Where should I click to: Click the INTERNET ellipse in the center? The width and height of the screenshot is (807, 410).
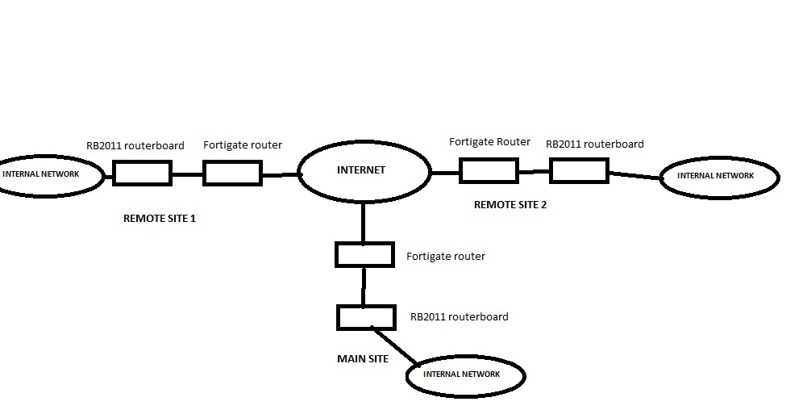click(x=364, y=171)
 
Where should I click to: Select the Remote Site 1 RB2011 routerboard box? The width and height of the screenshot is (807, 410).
click(x=142, y=174)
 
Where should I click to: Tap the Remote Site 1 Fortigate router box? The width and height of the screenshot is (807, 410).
click(x=232, y=174)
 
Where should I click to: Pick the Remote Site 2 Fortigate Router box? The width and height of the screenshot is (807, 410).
click(x=489, y=171)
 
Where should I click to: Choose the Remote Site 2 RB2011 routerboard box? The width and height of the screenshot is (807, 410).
click(x=579, y=170)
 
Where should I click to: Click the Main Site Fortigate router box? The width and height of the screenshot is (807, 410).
click(x=364, y=256)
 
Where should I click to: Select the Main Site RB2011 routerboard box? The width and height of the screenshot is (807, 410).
click(x=366, y=316)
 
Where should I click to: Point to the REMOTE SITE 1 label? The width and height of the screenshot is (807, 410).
click(x=160, y=218)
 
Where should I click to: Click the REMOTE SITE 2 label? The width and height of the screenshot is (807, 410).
click(x=510, y=205)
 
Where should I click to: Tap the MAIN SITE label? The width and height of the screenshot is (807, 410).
click(x=362, y=358)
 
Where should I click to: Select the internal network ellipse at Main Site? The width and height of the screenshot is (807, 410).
click(x=465, y=375)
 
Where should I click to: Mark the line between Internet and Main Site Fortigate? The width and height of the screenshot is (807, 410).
click(x=364, y=224)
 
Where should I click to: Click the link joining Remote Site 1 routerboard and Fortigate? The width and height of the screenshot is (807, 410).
click(x=187, y=174)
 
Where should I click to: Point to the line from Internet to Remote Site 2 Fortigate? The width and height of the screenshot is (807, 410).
click(x=446, y=172)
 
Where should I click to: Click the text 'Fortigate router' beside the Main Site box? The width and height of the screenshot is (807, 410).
click(x=446, y=257)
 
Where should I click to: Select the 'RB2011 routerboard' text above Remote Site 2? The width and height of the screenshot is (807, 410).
click(x=594, y=144)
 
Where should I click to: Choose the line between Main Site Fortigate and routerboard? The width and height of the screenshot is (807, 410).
click(x=364, y=287)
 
